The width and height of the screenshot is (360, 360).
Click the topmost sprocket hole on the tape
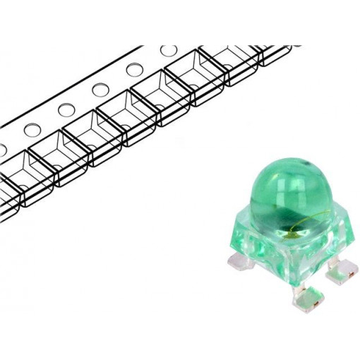pos(168,51)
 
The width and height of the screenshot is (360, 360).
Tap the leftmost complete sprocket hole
pos(32,131)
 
